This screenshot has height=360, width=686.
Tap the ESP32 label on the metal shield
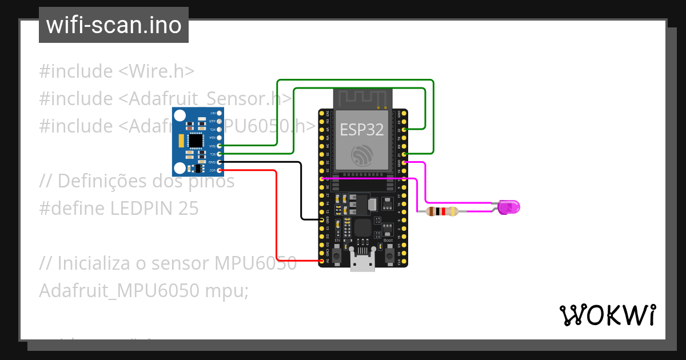pos(361,129)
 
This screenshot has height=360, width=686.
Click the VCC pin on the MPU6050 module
pos(220,170)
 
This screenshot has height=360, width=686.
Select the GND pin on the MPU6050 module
pos(220,162)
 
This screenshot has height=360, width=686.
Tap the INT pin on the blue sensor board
pos(220,113)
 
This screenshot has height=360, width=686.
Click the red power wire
pos(277,217)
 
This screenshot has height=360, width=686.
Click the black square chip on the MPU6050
pos(196,140)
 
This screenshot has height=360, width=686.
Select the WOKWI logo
pos(607,315)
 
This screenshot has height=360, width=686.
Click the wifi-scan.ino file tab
pos(114,25)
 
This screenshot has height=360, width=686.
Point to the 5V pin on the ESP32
pos(322,261)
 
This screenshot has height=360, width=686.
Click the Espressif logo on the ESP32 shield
pos(361,154)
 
